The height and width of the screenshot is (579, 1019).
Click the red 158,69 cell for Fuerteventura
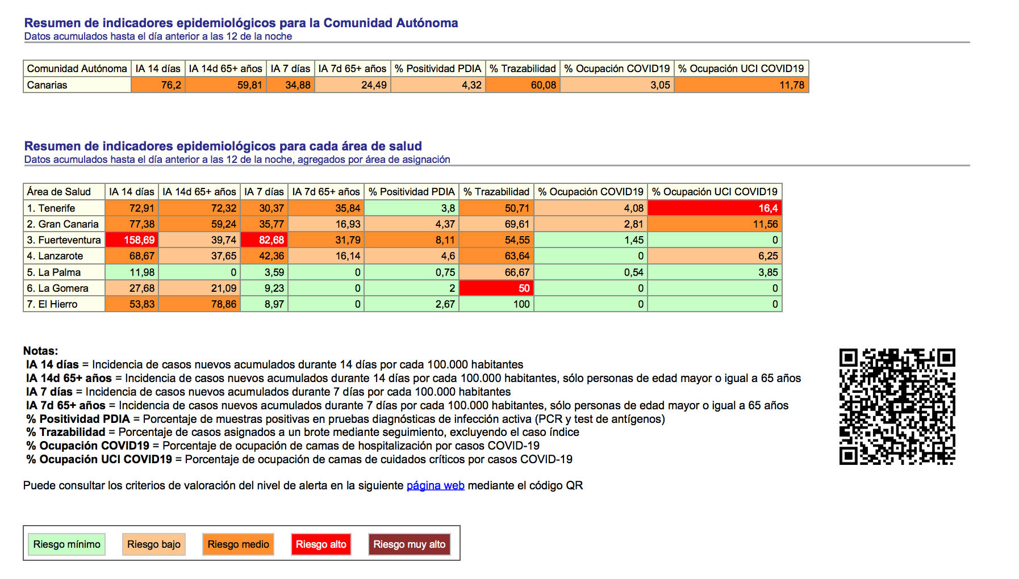[132, 240]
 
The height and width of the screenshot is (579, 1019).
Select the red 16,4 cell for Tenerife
[715, 208]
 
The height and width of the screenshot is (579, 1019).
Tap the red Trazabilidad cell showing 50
[496, 288]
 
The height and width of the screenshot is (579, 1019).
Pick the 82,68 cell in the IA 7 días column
[264, 240]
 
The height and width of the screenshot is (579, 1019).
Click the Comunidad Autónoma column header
[77, 69]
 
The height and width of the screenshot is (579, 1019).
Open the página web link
[436, 486]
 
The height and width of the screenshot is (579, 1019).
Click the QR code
[897, 406]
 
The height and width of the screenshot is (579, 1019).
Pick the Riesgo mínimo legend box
[67, 544]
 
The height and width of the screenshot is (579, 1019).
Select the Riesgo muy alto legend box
[409, 544]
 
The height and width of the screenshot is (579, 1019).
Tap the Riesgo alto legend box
[321, 544]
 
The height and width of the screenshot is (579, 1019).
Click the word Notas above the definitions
[40, 351]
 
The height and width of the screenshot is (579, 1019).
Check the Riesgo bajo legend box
[154, 544]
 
